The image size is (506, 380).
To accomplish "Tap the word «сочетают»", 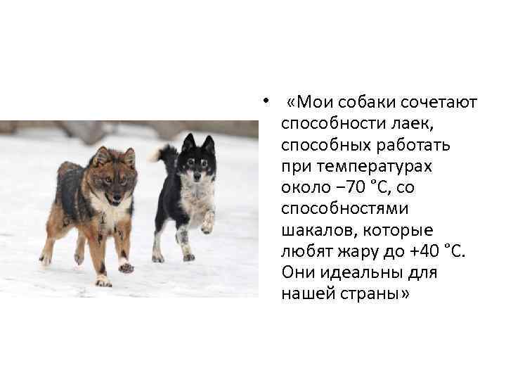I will pyautogui.click(x=440, y=103).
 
